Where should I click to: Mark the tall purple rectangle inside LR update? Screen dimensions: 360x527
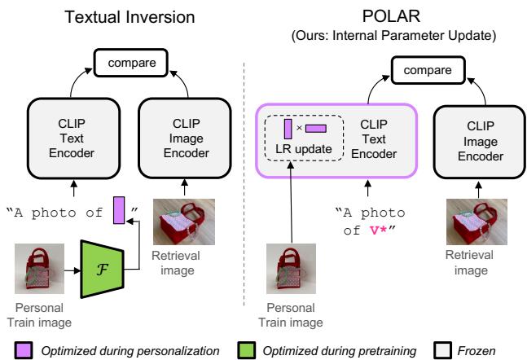click(288, 127)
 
